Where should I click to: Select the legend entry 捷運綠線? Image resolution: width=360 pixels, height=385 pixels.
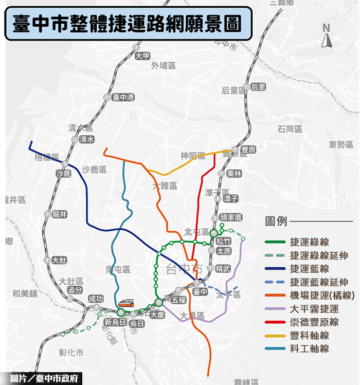[x=309, y=242]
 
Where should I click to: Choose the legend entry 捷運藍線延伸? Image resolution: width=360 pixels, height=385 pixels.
[x=319, y=282]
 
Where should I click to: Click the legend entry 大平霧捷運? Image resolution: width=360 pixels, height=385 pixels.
[x=314, y=309]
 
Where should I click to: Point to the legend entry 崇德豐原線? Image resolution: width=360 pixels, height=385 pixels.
[x=314, y=322]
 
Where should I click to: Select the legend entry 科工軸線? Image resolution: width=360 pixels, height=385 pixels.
[x=309, y=349]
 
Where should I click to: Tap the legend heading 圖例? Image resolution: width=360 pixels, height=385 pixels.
[x=276, y=222]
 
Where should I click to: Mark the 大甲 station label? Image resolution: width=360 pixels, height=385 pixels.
[x=142, y=56]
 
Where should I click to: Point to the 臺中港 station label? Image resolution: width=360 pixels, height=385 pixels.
[x=123, y=97]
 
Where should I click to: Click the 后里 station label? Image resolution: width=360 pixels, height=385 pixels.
[x=259, y=87]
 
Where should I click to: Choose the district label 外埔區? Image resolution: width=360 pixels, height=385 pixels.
[x=163, y=66]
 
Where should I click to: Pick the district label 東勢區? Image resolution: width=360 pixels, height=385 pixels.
[x=341, y=144]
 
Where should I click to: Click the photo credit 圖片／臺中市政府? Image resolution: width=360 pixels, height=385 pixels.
[x=41, y=378]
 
